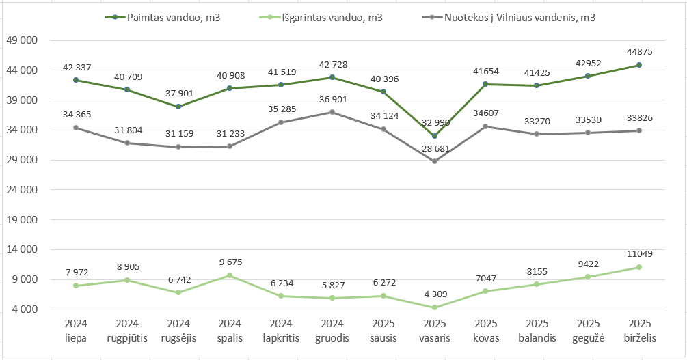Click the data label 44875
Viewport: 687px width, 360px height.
point(638,52)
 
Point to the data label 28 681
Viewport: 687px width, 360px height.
point(434,148)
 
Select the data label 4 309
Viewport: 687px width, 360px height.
point(434,294)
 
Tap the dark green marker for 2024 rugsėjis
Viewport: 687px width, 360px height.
point(178,107)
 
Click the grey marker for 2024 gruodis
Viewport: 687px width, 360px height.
point(332,112)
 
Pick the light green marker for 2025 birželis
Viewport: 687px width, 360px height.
point(638,267)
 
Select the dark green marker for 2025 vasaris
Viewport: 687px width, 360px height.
point(434,136)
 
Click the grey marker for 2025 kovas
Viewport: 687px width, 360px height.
point(485,126)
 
